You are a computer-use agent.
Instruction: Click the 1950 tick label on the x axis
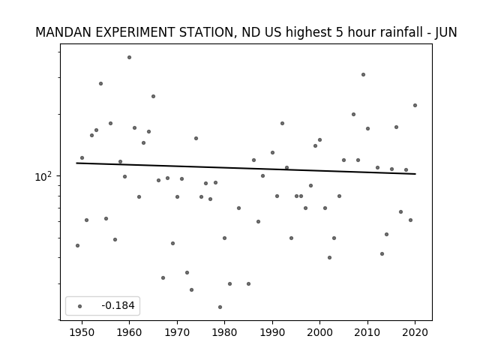pyautogui.click(x=82, y=332)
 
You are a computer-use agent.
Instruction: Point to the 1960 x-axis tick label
pyautogui.click(x=129, y=332)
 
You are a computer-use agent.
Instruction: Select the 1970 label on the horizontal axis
pyautogui.click(x=177, y=332)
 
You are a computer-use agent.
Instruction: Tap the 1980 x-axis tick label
pyautogui.click(x=224, y=332)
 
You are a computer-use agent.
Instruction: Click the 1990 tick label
pyautogui.click(x=272, y=332)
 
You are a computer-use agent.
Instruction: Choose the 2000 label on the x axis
pyautogui.click(x=319, y=332)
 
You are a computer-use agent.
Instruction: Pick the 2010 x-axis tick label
pyautogui.click(x=367, y=332)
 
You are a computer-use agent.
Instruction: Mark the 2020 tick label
pyautogui.click(x=415, y=332)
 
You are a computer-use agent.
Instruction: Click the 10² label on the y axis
pyautogui.click(x=43, y=176)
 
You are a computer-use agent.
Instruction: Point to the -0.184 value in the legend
pyautogui.click(x=118, y=305)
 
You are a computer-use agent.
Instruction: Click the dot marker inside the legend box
pyautogui.click(x=80, y=306)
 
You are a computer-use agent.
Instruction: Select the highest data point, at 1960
pyautogui.click(x=129, y=57)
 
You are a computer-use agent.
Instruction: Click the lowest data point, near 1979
pyautogui.click(x=220, y=307)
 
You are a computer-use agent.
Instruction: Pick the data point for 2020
pyautogui.click(x=415, y=105)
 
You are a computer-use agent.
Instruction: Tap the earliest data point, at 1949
pyautogui.click(x=77, y=245)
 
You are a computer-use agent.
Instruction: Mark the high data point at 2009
pyautogui.click(x=363, y=75)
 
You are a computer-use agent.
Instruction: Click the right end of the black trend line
pyautogui.click(x=415, y=174)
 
